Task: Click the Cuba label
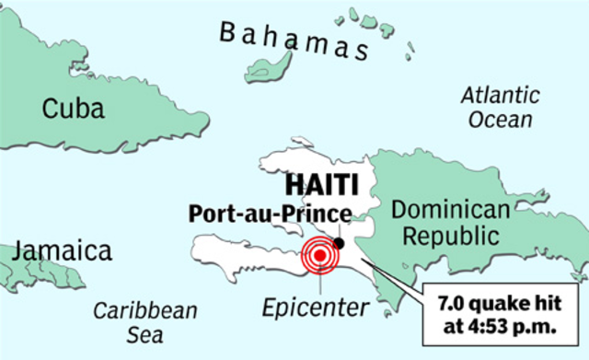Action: coord(74,110)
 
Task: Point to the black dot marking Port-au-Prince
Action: coord(340,242)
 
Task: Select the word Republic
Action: coord(447,238)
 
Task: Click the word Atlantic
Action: coord(499,95)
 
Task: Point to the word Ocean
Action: coord(500,119)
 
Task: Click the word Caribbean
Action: coord(145,310)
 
